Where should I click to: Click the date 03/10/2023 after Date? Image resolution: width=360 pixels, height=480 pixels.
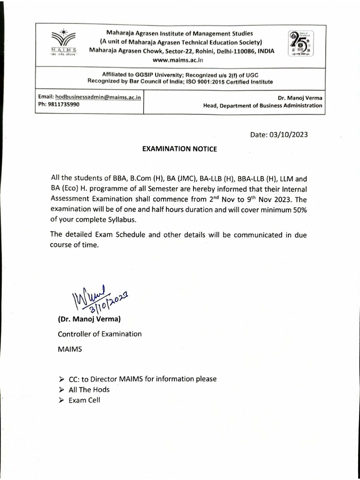tap(286, 135)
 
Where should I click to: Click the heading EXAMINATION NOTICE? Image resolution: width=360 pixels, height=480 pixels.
tap(180, 149)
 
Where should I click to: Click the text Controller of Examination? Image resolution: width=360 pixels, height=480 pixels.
tap(99, 334)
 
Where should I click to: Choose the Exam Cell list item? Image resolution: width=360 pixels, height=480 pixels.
tap(84, 400)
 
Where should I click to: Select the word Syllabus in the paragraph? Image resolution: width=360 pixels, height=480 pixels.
tap(123, 220)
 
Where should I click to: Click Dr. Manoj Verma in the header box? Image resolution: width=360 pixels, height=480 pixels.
tap(300, 98)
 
